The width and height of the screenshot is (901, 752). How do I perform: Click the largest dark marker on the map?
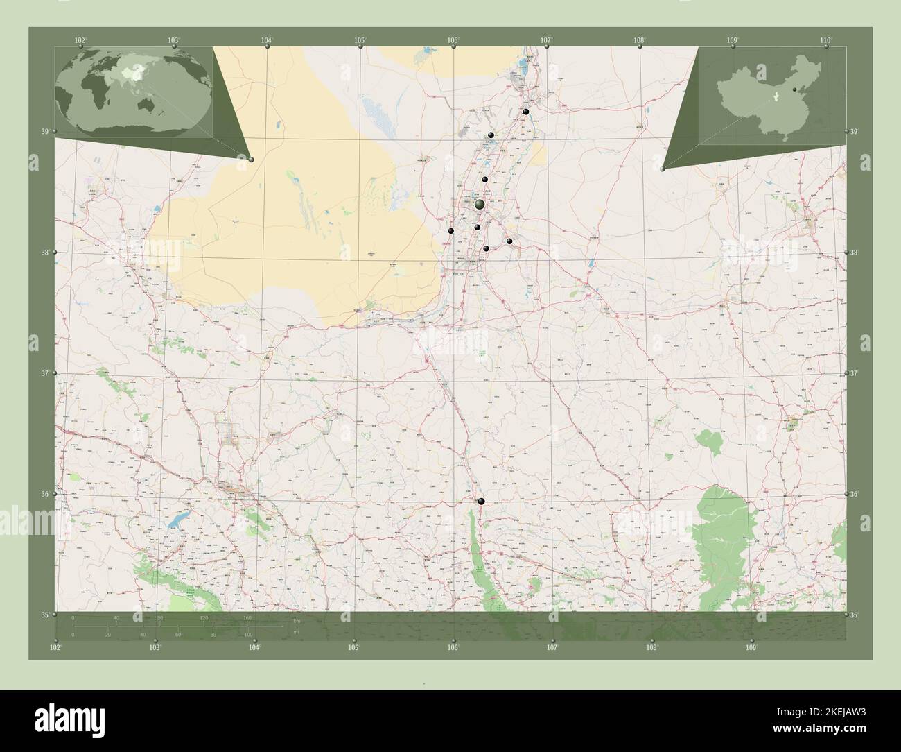(480, 205)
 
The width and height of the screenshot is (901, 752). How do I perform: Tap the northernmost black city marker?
(527, 112)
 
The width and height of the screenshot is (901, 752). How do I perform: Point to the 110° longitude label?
(825, 40)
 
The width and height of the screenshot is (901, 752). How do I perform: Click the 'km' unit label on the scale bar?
(297, 620)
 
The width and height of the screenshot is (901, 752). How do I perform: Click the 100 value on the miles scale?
(248, 635)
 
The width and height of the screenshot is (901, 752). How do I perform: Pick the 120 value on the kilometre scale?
(204, 617)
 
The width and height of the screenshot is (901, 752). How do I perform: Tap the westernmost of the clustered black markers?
(451, 231)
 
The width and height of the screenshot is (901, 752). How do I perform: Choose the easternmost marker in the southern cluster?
(509, 241)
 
